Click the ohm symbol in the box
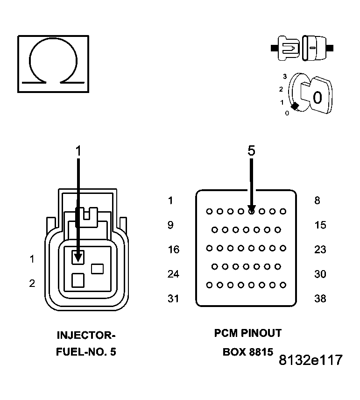coord(53,64)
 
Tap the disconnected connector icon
coord(302,48)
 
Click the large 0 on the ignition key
coord(317,98)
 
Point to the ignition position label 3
coord(284,76)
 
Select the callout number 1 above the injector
coord(78,150)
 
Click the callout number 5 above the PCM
coord(251,150)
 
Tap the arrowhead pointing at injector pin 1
coord(78,256)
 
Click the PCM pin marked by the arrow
coord(251,211)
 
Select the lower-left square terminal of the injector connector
coord(78,280)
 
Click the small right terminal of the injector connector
coord(97,269)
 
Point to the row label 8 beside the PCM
coord(318,201)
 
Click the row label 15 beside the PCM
coord(320,225)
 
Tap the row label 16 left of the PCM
coord(173,250)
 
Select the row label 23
coord(320,250)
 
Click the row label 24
coord(173,274)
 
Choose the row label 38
coord(320,298)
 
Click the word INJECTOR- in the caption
coord(85,335)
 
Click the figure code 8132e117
coord(311,360)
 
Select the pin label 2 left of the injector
coord(32,283)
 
